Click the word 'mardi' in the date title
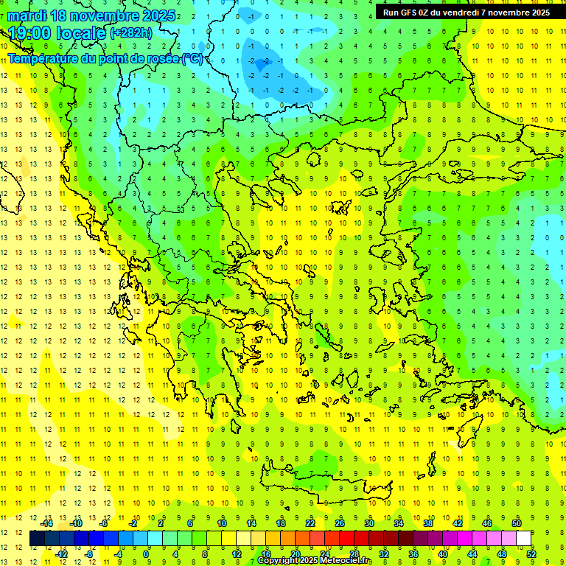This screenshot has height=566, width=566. click(x=27, y=15)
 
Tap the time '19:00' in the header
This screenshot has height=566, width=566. click(x=29, y=33)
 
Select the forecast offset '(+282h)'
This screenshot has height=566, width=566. click(x=130, y=33)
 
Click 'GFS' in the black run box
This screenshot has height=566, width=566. click(x=410, y=13)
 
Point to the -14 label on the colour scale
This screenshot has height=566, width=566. click(x=47, y=523)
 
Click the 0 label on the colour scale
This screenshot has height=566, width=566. click(x=147, y=553)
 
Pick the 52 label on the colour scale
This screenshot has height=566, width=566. click(x=531, y=553)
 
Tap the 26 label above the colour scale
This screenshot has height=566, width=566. click(x=340, y=523)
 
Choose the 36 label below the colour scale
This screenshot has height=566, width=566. click(x=413, y=553)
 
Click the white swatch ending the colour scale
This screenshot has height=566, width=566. click(x=524, y=539)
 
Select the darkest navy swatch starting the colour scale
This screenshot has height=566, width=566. click(x=37, y=539)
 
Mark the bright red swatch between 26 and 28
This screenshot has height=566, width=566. click(x=347, y=539)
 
